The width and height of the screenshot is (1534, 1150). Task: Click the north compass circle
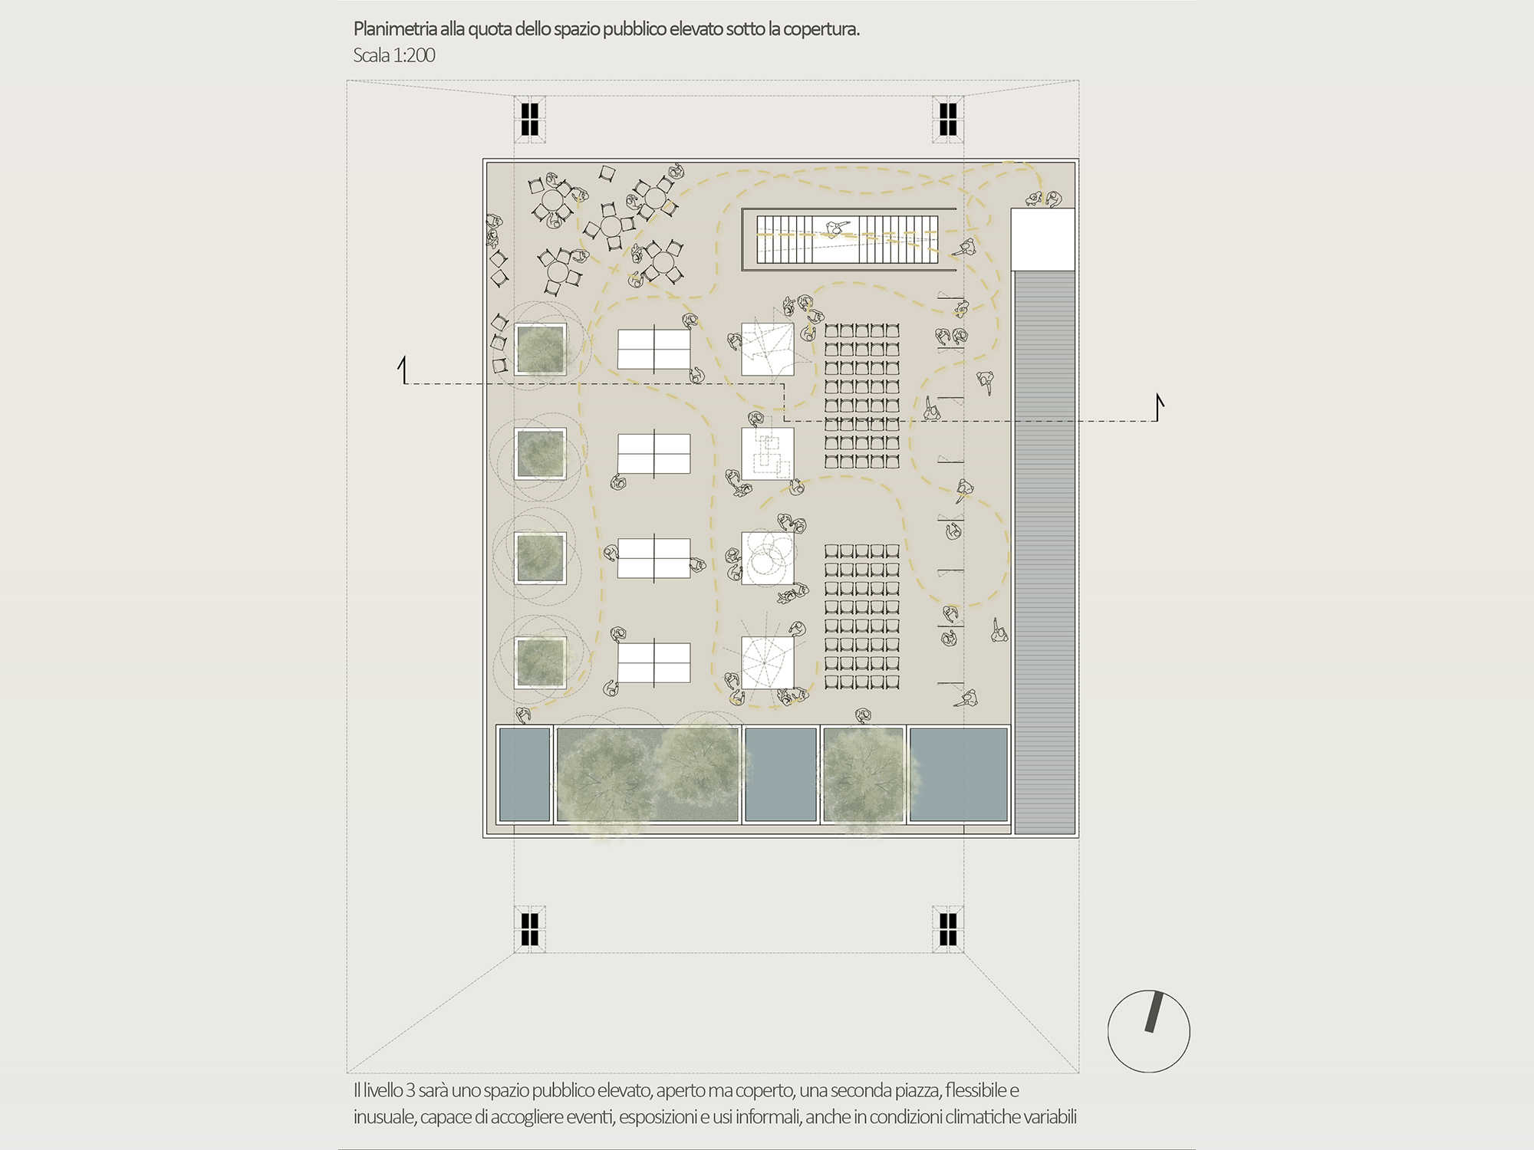pyautogui.click(x=1108, y=1031)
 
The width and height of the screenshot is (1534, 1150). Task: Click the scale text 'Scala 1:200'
pyautogui.click(x=394, y=55)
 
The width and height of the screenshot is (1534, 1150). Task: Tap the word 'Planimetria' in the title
pyautogui.click(x=395, y=29)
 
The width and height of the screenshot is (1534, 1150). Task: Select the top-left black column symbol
pyautogui.click(x=529, y=120)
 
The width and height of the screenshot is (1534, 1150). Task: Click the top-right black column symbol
pyautogui.click(x=948, y=120)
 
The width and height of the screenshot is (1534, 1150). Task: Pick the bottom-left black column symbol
pyautogui.click(x=529, y=928)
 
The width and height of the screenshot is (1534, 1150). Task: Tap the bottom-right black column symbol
pyautogui.click(x=948, y=928)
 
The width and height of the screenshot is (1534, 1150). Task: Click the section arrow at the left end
pyautogui.click(x=402, y=370)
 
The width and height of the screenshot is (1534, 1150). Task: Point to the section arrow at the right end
pyautogui.click(x=1160, y=407)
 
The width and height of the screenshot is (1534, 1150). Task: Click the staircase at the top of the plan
pyautogui.click(x=848, y=239)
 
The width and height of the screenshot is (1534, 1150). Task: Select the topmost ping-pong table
pyautogui.click(x=654, y=349)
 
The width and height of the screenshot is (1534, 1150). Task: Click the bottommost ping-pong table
pyautogui.click(x=654, y=662)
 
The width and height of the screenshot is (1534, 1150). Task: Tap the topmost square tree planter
pyautogui.click(x=541, y=350)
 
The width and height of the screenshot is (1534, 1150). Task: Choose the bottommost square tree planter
pyautogui.click(x=541, y=662)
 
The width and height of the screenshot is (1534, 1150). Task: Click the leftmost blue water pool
pyautogui.click(x=525, y=774)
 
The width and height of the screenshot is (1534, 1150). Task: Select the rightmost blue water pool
pyautogui.click(x=959, y=774)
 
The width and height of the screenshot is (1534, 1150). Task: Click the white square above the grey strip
pyautogui.click(x=1043, y=239)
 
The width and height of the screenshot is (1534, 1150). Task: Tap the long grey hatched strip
pyautogui.click(x=1045, y=552)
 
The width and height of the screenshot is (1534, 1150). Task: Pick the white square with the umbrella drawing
pyautogui.click(x=768, y=662)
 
